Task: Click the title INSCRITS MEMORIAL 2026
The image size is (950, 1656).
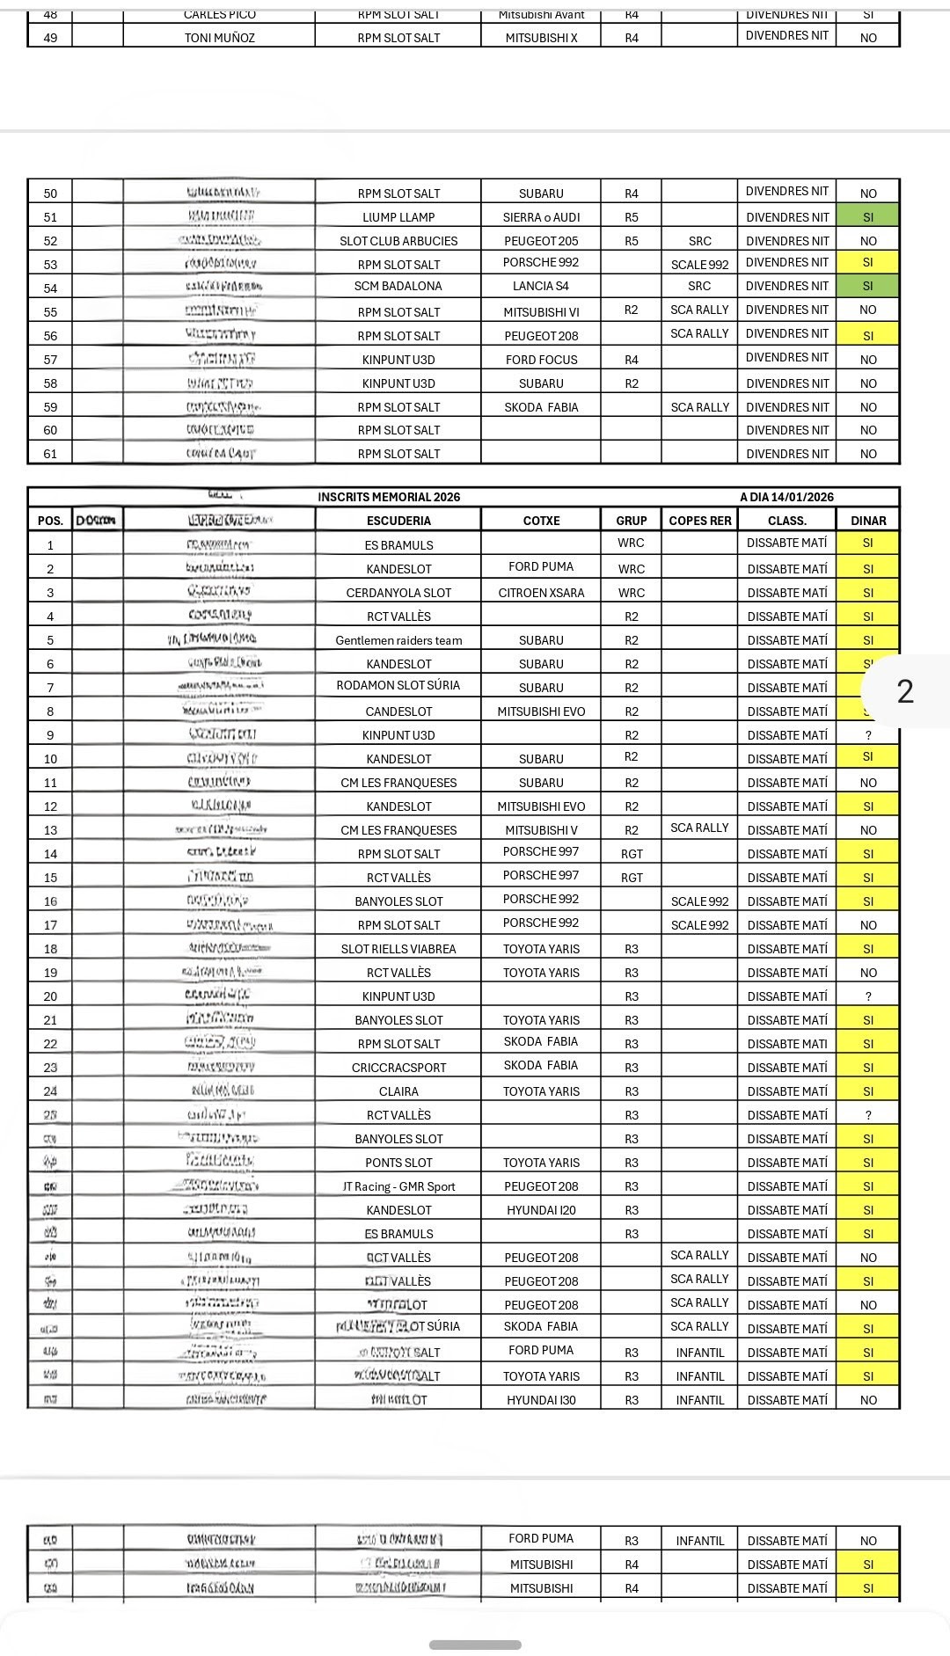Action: [x=389, y=497]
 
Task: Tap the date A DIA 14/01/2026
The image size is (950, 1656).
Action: [x=786, y=497]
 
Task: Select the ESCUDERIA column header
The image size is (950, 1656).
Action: [x=398, y=521]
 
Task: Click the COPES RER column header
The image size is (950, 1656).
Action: [x=699, y=521]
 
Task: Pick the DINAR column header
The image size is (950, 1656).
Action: [x=868, y=521]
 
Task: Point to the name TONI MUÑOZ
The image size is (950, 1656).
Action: [x=219, y=38]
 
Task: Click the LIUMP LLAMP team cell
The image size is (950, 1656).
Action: [x=398, y=217]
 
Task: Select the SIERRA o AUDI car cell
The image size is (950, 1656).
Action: [x=541, y=217]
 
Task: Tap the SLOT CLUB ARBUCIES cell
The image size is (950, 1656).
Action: [x=398, y=241]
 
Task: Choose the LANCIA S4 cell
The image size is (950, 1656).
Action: [x=541, y=286]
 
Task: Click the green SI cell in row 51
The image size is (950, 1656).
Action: [x=868, y=217]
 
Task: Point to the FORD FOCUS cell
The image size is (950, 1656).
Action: [x=541, y=360]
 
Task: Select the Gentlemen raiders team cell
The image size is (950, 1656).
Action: [x=398, y=640]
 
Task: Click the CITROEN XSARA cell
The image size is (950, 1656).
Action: [x=541, y=593]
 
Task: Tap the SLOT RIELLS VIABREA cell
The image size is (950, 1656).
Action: [x=398, y=949]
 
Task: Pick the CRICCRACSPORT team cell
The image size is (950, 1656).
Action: [x=398, y=1068]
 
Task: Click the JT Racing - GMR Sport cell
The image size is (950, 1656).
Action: [x=398, y=1186]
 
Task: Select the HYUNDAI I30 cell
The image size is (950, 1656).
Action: [x=541, y=1400]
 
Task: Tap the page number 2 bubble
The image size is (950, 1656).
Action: [x=905, y=691]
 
